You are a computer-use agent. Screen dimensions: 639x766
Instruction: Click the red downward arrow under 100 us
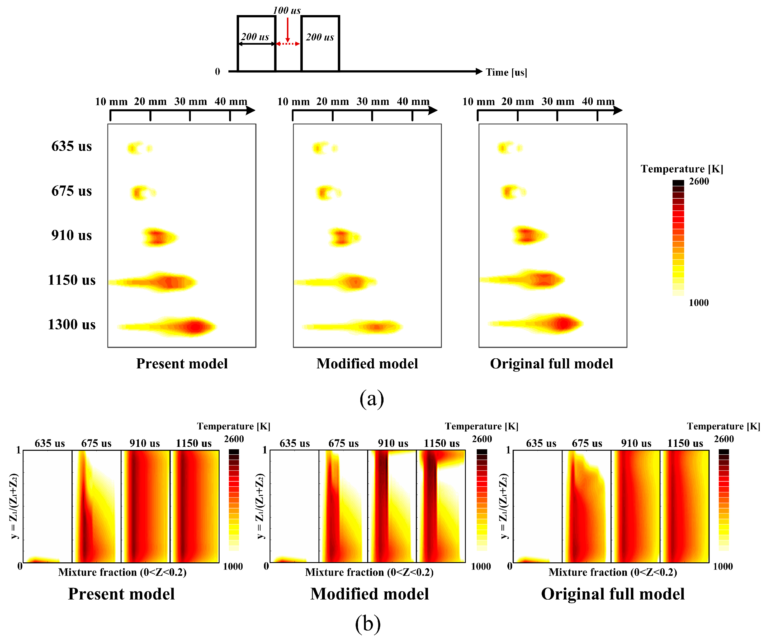[x=287, y=29]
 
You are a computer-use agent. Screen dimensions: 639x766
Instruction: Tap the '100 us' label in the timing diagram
[x=287, y=10]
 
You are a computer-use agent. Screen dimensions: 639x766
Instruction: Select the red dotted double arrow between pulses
[x=288, y=44]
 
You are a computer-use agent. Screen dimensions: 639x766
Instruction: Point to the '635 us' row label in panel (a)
[x=72, y=146]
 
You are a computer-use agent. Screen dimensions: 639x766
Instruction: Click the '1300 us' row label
[x=72, y=324]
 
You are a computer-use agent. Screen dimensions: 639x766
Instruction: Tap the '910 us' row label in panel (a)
[x=72, y=235]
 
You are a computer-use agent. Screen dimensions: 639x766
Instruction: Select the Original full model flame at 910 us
[x=529, y=235]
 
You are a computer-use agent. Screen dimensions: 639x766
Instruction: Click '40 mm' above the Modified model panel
[x=413, y=101]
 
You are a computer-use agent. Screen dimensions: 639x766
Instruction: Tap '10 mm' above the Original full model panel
[x=478, y=101]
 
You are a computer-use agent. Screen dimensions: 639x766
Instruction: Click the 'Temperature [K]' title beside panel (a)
[x=682, y=169]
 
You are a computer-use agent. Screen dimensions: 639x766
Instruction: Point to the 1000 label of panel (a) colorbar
[x=698, y=303]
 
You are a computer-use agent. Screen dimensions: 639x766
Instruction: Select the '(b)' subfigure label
[x=368, y=623]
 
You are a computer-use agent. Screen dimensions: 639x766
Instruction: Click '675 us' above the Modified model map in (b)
[x=343, y=443]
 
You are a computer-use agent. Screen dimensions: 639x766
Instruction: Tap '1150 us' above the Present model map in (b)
[x=194, y=443]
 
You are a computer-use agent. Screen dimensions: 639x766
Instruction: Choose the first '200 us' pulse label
[x=255, y=37]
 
